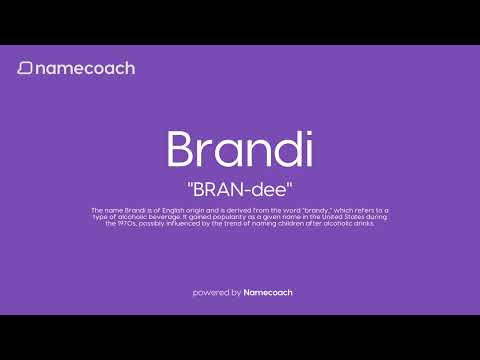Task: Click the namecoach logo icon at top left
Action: coord(24,68)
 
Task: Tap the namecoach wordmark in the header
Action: coord(84,68)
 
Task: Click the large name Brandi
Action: coord(240,149)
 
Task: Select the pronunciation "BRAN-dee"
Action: coord(240,187)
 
